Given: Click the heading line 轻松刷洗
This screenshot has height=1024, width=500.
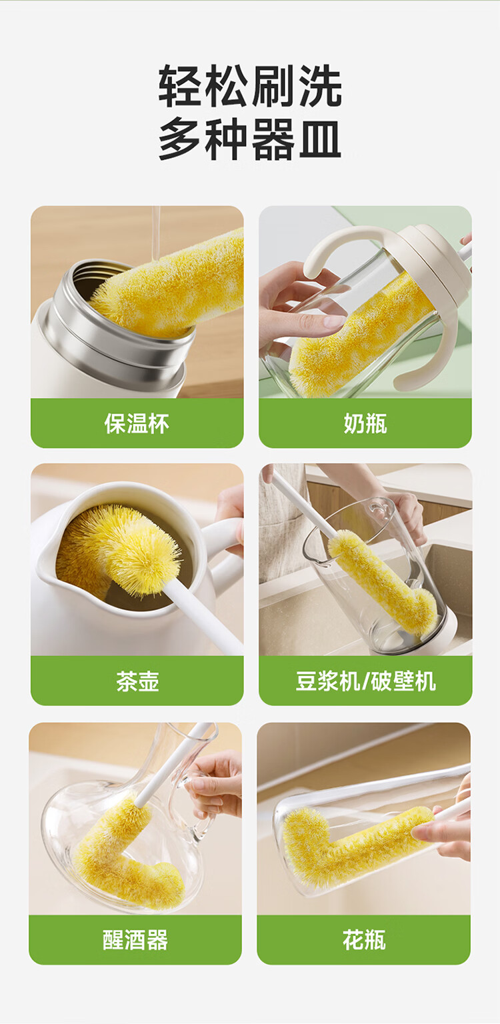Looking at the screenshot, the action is point(250,86).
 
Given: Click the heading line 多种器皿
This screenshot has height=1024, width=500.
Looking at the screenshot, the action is point(250,139).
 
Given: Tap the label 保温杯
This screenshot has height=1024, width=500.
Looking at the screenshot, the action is point(137,423).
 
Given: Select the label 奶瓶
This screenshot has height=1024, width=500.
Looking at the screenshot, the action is point(365,423).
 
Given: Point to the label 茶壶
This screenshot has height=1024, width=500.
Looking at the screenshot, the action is point(137,681).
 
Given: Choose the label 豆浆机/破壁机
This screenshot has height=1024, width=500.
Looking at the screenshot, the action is point(365,681).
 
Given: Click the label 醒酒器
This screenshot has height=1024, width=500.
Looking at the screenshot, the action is point(135,940).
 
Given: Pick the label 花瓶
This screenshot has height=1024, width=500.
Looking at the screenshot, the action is point(364,940).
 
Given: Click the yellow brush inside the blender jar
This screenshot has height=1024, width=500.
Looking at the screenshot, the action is point(381,581).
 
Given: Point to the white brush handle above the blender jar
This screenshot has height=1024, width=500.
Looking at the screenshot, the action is point(304,503).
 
